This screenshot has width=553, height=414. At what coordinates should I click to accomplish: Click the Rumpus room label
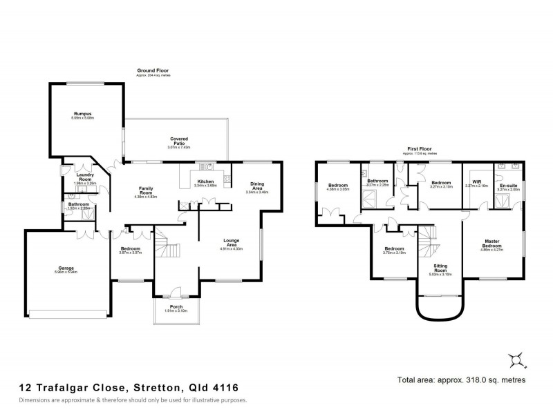point(83,113)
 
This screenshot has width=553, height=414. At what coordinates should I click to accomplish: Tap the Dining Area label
point(256,185)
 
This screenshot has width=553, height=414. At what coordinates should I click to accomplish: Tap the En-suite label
point(508,185)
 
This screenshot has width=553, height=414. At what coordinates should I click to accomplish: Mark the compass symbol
point(514,359)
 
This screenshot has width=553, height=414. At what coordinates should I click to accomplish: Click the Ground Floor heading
point(153,70)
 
